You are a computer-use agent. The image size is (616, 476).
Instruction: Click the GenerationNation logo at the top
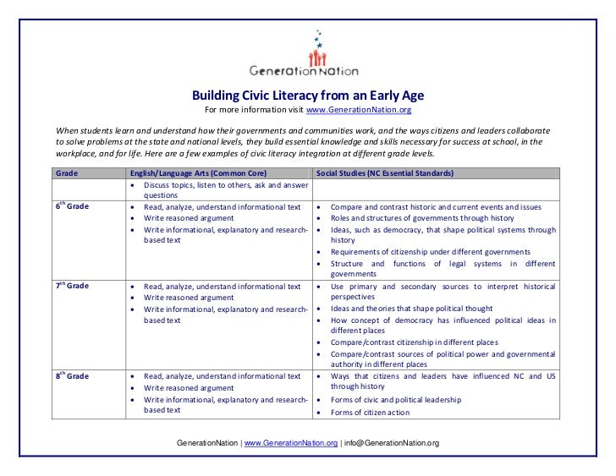pos(308,55)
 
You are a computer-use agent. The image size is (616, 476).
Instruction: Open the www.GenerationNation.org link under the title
pos(358,110)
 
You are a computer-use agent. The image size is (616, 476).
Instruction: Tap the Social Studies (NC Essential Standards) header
pos(383,172)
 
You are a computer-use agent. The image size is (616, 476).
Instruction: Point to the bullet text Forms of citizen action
pos(370,413)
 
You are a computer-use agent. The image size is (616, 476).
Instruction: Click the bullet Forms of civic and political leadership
pos(396,400)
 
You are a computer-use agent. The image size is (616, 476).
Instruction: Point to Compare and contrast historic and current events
pos(435,206)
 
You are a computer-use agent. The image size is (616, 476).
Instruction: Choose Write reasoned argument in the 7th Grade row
pos(188,298)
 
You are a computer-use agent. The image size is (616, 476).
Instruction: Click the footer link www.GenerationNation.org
pos(291,443)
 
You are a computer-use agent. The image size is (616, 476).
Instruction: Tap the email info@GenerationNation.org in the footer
pos(392,443)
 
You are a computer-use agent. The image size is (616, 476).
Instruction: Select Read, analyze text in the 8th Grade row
pos(222,376)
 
